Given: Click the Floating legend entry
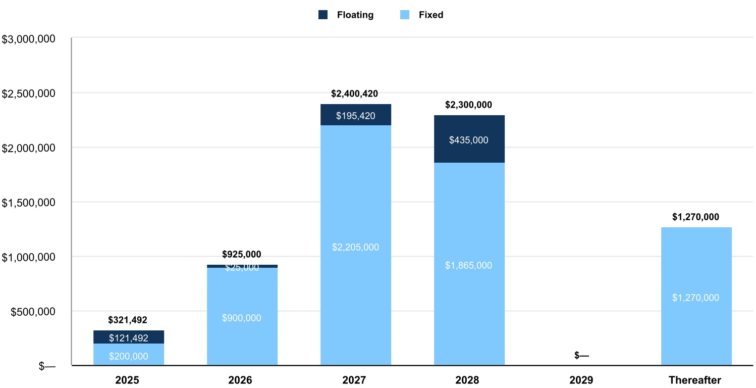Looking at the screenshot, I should (346, 15).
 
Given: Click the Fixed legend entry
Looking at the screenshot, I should (422, 15).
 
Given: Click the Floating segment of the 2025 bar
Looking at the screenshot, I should (129, 337).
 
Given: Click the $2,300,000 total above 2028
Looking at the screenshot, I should (468, 105).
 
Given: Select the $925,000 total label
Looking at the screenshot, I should (242, 255).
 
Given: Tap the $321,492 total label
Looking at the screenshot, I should (128, 320).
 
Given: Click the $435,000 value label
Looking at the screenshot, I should (469, 140).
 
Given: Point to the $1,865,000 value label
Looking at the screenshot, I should (469, 266).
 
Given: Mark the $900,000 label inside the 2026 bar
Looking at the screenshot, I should (242, 318).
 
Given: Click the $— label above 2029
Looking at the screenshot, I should (581, 355).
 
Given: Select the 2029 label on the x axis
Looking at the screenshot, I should (581, 380).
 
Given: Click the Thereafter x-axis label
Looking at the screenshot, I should (695, 380).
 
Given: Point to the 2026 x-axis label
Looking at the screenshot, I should (241, 380).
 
